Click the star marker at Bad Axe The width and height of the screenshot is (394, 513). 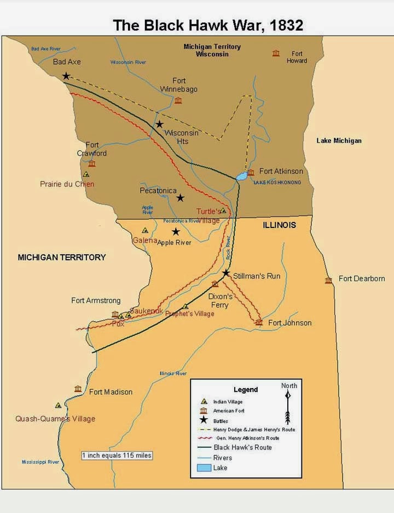tap(66, 76)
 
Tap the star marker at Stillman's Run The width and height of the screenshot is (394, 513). tap(226, 272)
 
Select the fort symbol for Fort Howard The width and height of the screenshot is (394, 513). tap(276, 53)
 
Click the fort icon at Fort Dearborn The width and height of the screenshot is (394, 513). tap(328, 280)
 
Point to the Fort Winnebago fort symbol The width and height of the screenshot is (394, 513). tap(178, 100)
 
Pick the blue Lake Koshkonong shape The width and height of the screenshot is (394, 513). tap(241, 176)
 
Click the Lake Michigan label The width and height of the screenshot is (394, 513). tap(339, 141)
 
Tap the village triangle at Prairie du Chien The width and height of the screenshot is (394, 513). tap(86, 174)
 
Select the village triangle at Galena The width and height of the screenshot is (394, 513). tap(145, 231)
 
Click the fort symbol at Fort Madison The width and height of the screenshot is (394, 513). tap(78, 389)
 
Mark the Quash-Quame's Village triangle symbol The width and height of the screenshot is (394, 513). tap(58, 406)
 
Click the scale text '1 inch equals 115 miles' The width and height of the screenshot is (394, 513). tap(117, 455)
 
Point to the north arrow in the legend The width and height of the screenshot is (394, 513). tap(288, 406)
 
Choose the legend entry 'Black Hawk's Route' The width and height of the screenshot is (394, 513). tap(242, 447)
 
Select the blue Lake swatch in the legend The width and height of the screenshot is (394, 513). tap(204, 468)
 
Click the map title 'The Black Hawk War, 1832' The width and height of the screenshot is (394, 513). tap(207, 25)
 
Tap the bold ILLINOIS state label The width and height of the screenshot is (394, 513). tap(279, 225)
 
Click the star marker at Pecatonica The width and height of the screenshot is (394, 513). tap(180, 197)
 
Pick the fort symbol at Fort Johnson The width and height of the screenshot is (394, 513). tap(259, 322)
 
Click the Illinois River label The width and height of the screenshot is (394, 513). tap(173, 373)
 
